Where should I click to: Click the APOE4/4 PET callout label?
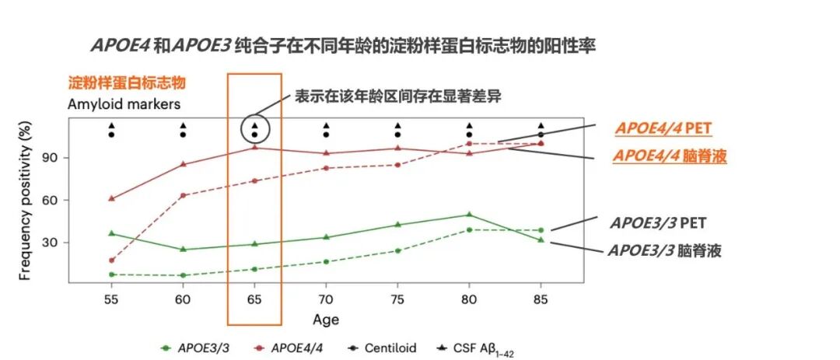coord(663,128)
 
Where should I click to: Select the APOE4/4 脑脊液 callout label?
coord(670,156)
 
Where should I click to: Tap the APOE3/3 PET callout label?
coord(656,222)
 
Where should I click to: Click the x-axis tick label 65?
coord(254,299)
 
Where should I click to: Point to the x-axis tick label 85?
coord(541,299)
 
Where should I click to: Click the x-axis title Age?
coord(326,320)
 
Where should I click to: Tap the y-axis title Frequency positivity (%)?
coord(25,200)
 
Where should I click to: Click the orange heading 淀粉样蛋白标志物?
coord(127,83)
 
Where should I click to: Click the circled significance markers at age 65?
coord(254,130)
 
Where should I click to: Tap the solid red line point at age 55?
coord(111,198)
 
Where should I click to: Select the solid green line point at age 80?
coord(469,215)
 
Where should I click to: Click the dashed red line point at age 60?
coord(183,195)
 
